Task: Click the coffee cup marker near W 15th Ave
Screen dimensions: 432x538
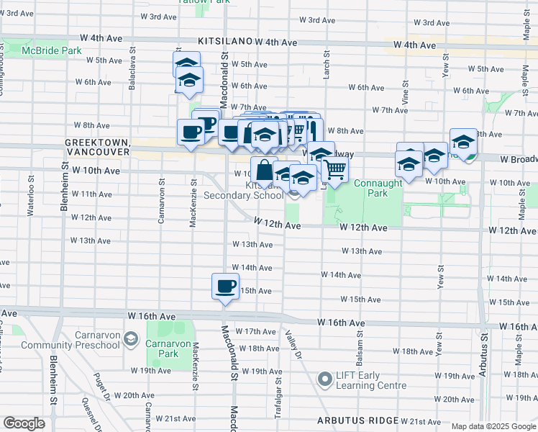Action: pyautogui.click(x=225, y=287)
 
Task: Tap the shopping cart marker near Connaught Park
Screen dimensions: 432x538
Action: pyautogui.click(x=335, y=169)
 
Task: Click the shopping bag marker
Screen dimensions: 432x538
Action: pyautogui.click(x=264, y=170)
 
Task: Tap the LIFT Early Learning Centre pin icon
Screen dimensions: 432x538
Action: pyautogui.click(x=324, y=377)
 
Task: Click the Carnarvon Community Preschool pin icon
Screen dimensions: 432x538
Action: pyautogui.click(x=131, y=338)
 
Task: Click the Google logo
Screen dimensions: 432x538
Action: pyautogui.click(x=24, y=423)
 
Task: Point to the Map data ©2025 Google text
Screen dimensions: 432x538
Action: pyautogui.click(x=493, y=426)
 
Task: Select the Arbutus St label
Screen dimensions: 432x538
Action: pyautogui.click(x=484, y=357)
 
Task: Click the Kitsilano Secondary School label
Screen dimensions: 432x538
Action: pyautogui.click(x=244, y=190)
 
